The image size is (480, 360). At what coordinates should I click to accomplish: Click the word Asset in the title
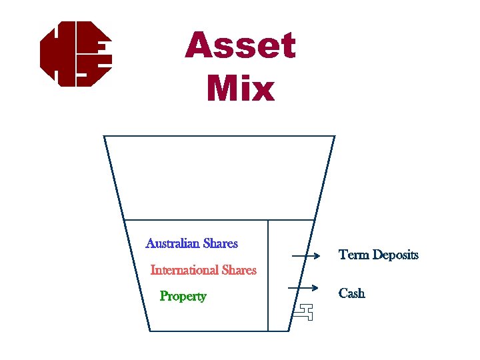coord(241,47)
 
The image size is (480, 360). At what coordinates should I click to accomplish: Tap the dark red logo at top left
coord(75,53)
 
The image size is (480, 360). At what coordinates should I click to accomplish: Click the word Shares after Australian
coord(221,243)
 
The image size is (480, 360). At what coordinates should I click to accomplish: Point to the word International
coord(185,270)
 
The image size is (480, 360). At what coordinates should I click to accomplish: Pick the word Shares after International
coord(239,270)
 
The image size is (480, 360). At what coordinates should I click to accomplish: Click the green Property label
coord(183,296)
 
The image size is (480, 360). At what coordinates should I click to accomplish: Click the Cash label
coord(352,293)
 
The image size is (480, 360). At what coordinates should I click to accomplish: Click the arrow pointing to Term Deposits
coord(308,255)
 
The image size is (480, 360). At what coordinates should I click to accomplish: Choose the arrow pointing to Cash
coord(303,288)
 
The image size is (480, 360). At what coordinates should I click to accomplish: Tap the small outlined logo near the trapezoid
coord(305,312)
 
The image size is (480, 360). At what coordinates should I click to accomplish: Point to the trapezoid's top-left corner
coord(104,136)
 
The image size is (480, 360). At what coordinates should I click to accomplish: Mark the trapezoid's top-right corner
coord(334,136)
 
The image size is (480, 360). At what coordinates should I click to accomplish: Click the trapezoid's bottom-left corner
coord(149,330)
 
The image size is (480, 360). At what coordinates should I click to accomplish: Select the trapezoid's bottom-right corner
coord(289,330)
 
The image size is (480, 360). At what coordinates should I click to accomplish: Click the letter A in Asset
coord(199,47)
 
